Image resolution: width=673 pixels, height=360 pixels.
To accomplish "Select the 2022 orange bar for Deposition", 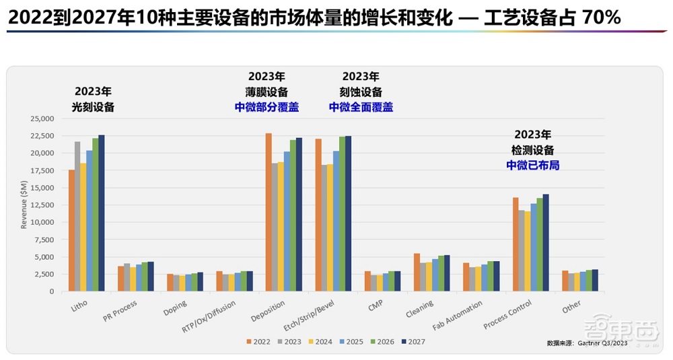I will (x=269, y=213).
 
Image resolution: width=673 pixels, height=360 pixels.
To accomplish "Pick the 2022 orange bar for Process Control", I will (x=516, y=244).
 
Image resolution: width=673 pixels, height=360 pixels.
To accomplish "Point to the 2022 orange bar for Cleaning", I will (x=417, y=273).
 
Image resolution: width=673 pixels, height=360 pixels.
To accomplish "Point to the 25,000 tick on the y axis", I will (x=43, y=118).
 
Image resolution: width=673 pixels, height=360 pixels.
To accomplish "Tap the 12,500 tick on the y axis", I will (x=43, y=205).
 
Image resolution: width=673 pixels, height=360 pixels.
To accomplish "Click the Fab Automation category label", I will (x=458, y=315).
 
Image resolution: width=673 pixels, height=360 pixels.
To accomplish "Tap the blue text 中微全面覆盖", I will (x=361, y=107).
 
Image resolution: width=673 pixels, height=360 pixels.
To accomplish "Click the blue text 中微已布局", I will (x=533, y=164).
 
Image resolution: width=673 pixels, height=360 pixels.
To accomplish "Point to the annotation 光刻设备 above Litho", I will (x=93, y=107).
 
